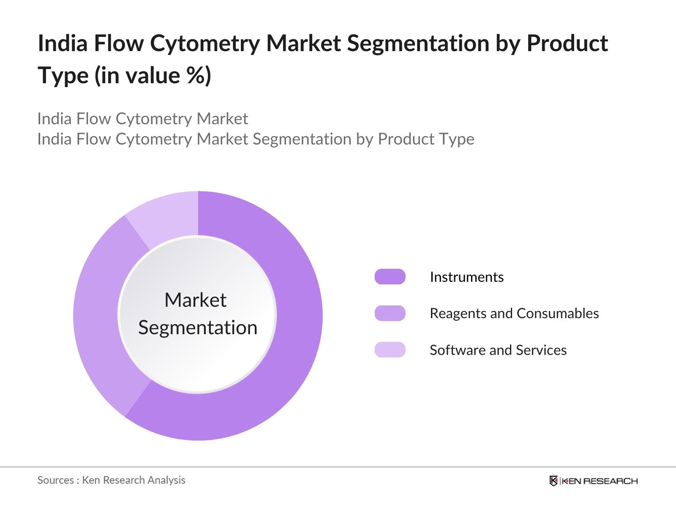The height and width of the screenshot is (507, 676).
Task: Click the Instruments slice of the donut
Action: click(296, 338)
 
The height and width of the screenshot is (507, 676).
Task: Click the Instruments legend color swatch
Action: click(390, 277)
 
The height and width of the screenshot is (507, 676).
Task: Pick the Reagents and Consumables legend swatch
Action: click(390, 313)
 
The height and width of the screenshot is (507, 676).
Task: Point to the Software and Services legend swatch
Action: click(390, 350)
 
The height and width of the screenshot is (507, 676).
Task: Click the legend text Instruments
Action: click(466, 277)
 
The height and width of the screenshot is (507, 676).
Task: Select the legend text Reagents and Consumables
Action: click(514, 313)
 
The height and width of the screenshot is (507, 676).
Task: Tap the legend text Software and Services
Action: click(498, 350)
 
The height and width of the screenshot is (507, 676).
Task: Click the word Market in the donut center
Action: click(195, 300)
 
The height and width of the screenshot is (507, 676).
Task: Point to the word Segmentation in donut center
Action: click(198, 328)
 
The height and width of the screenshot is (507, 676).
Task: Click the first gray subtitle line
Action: click(142, 119)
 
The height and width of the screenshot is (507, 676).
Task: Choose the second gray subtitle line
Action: click(256, 139)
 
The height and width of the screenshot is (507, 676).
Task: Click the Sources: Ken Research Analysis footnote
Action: click(111, 480)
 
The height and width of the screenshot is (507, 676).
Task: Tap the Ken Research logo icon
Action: click(553, 481)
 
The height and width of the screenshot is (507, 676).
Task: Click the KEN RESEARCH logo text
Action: click(600, 481)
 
